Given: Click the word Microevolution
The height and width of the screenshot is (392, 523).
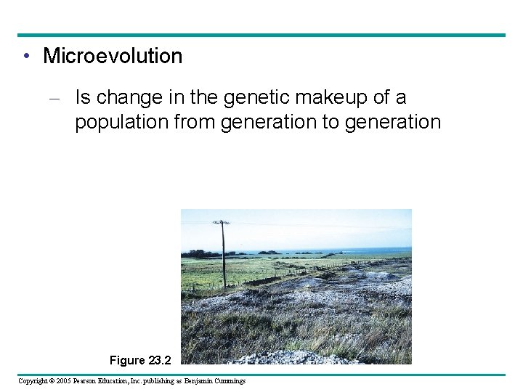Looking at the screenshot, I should pos(113,56).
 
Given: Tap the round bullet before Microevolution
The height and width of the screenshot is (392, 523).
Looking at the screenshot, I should pos(25,57).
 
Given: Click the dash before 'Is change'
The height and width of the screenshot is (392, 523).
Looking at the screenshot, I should pos(60,97).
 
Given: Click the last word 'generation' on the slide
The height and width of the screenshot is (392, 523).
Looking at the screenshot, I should pos(392,122).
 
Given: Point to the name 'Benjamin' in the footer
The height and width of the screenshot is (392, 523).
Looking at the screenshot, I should pos(200,381).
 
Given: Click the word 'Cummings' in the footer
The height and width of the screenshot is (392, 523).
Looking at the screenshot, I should pos(231,381).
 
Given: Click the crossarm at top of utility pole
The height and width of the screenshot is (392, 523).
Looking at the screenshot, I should pos(221,222).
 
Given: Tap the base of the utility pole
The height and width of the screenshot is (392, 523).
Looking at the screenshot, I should pos(224,287).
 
